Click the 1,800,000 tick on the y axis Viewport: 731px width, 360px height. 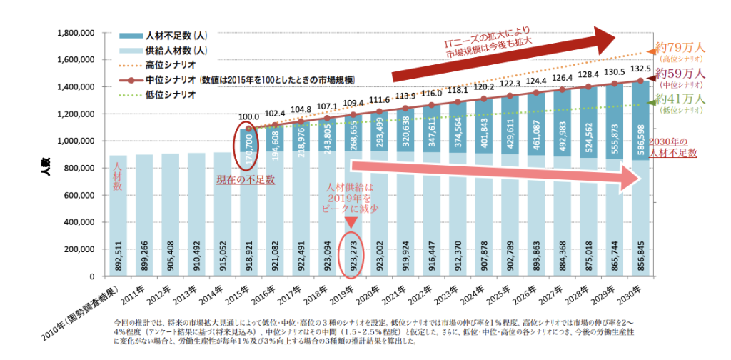tap(76, 33)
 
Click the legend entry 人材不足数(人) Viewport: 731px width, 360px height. tap(176, 36)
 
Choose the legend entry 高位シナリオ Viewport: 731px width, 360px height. tap(171, 65)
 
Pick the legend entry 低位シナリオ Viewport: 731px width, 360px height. tap(171, 94)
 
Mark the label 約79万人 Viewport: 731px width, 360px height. tap(681, 48)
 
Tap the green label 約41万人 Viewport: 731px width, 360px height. tap(681, 100)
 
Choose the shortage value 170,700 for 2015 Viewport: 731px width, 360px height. tap(248, 149)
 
